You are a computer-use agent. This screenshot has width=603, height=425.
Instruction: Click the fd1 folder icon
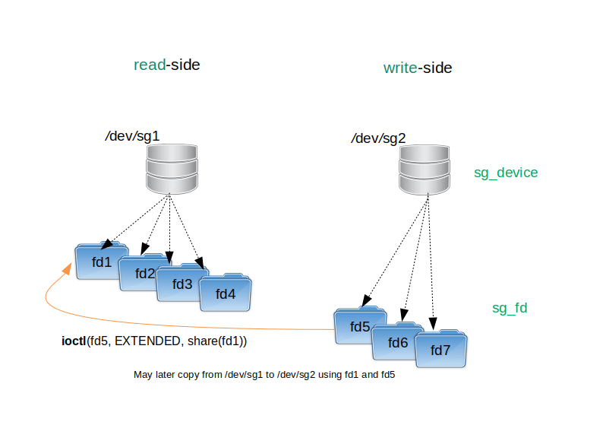tap(101, 262)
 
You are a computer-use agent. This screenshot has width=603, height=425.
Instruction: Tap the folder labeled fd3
tap(181, 283)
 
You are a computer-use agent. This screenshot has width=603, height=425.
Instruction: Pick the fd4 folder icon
tap(225, 293)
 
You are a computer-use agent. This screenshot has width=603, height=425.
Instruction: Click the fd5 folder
tap(359, 325)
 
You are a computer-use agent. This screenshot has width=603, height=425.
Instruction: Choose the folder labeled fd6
tap(397, 342)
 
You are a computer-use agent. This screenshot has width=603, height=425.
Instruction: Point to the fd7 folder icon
tap(440, 349)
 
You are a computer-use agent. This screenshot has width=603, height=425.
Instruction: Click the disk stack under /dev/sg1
tap(172, 169)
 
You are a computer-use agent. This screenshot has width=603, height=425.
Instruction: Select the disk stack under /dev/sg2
tap(425, 170)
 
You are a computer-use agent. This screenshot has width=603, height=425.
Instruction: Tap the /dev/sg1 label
tap(132, 136)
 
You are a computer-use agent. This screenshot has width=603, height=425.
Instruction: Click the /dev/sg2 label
tap(378, 138)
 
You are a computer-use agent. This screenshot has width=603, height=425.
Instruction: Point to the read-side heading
tap(167, 65)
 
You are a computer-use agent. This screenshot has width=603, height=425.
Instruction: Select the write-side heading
tap(418, 68)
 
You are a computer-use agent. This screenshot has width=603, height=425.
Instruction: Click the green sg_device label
tap(506, 173)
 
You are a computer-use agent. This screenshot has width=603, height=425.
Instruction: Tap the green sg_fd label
tap(510, 308)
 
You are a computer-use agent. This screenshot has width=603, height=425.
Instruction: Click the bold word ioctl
tap(74, 341)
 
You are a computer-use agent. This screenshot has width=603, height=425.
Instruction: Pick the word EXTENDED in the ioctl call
tap(147, 341)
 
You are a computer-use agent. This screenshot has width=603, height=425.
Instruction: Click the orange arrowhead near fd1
tap(68, 268)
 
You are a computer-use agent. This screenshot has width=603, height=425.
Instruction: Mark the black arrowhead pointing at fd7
tap(433, 323)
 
